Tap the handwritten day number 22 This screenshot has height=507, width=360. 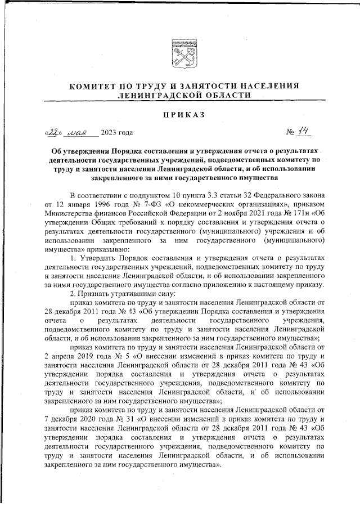tap(53, 133)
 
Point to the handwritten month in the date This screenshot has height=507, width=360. tap(80, 133)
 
